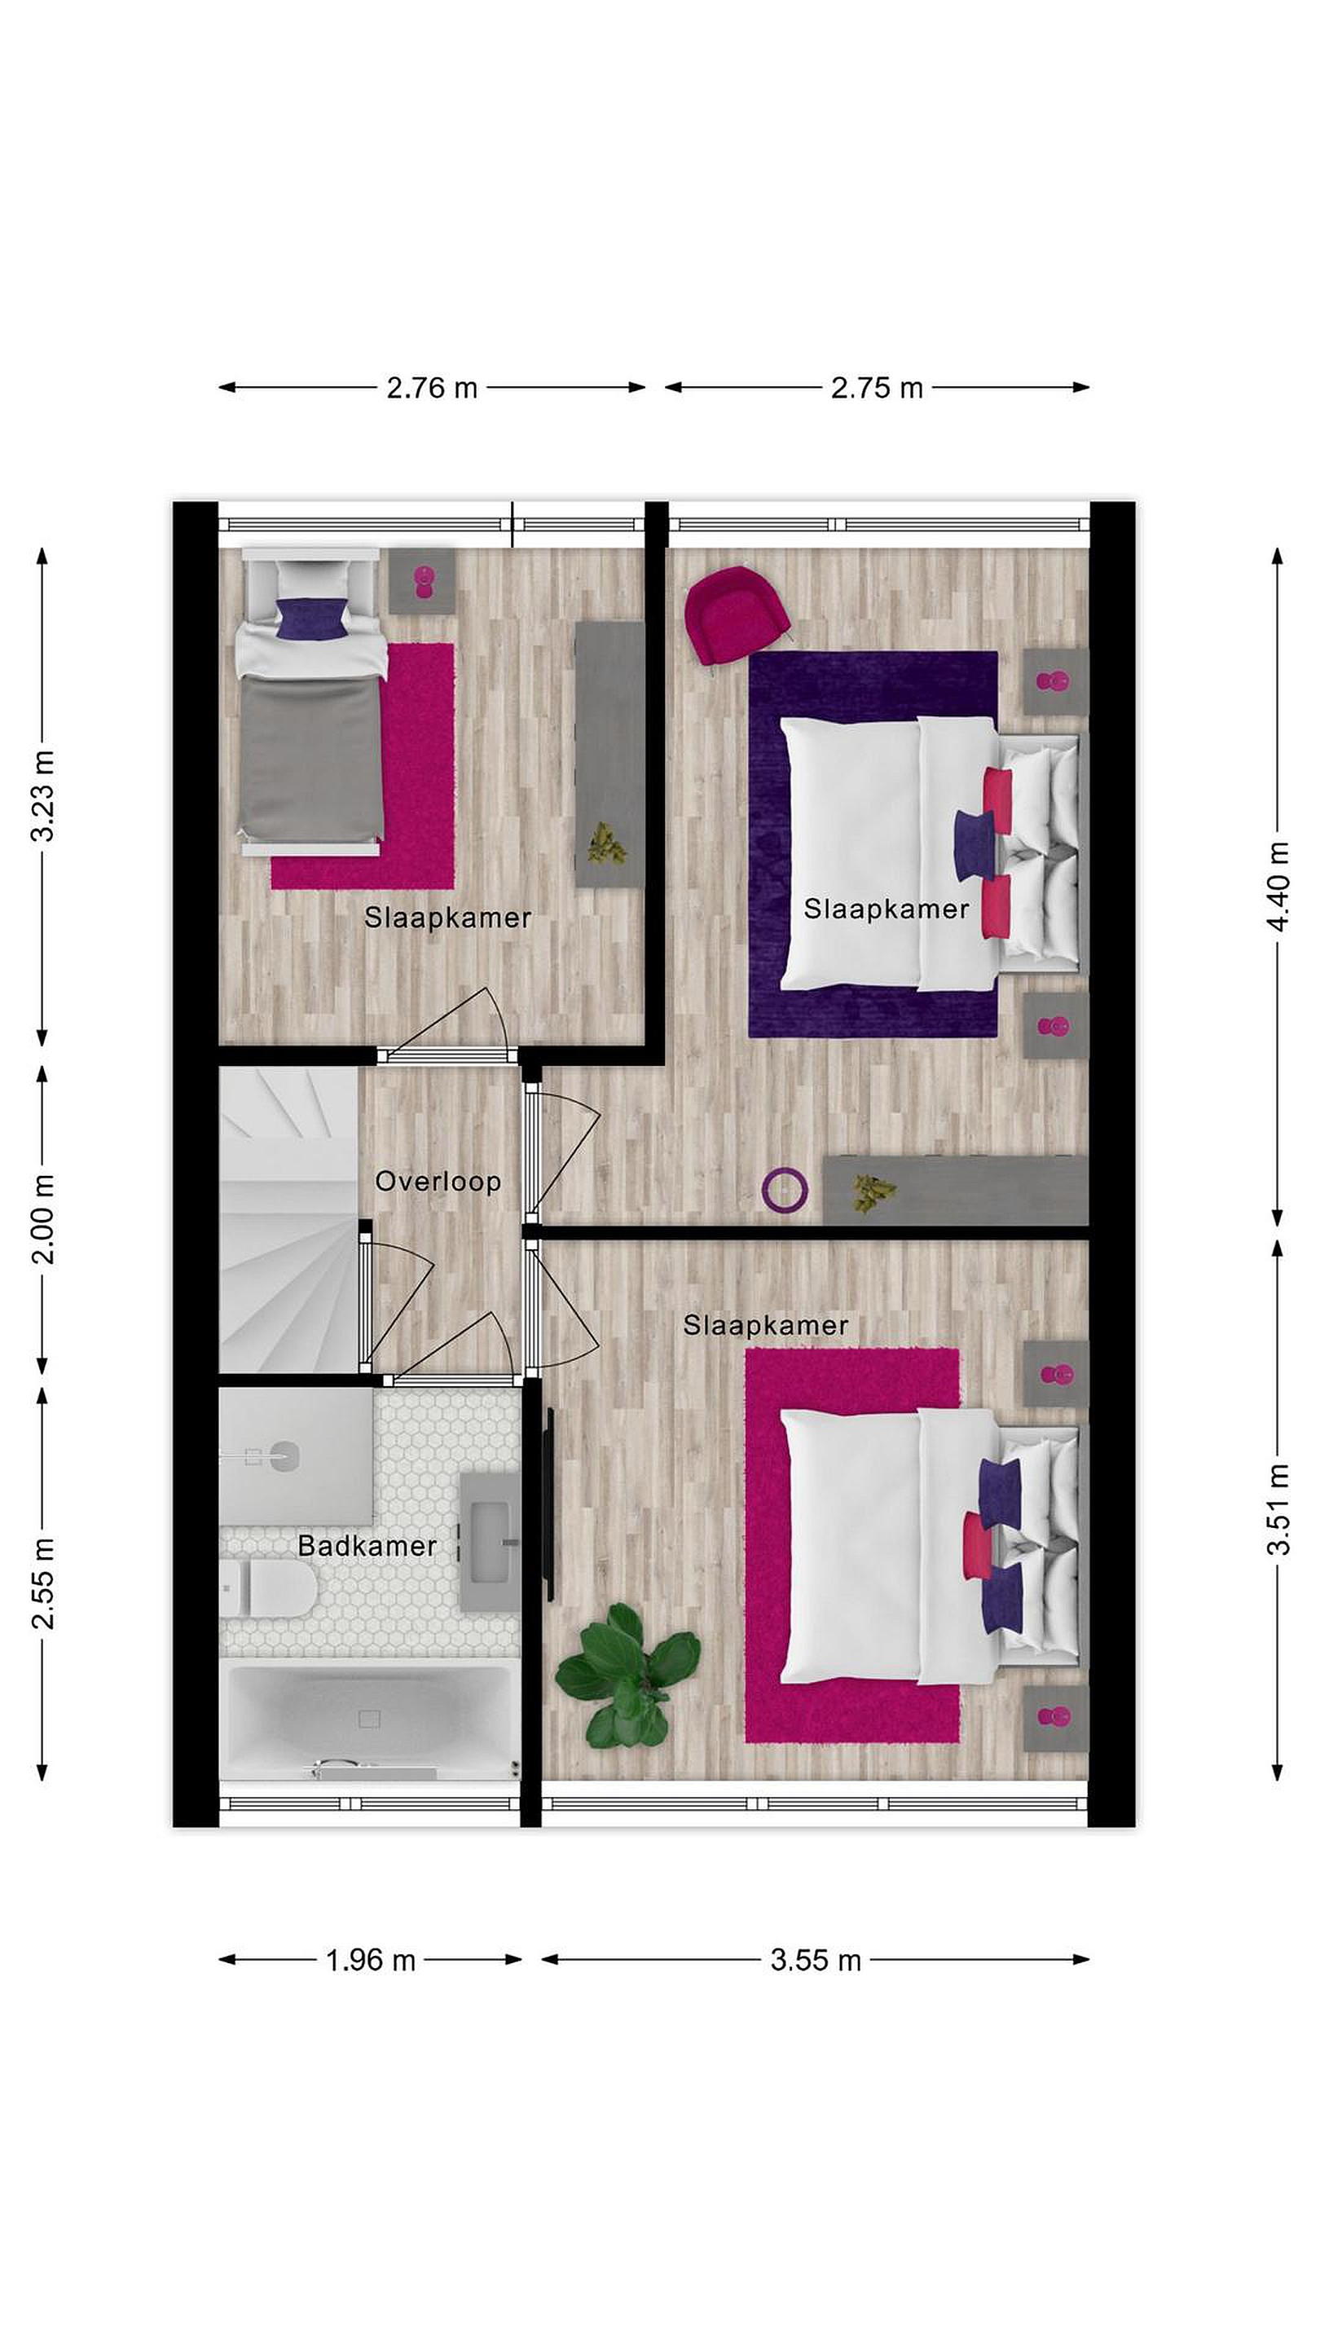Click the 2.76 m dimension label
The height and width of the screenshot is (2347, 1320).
(x=432, y=388)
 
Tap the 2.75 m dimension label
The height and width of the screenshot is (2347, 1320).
(x=877, y=388)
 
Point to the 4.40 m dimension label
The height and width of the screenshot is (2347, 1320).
(x=1278, y=886)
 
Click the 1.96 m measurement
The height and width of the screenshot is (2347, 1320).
(x=371, y=1960)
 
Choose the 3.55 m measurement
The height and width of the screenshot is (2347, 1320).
(x=816, y=1960)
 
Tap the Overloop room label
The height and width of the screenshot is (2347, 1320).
(x=438, y=1182)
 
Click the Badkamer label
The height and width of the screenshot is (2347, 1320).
(x=367, y=1546)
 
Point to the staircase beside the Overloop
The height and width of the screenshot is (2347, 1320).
(x=288, y=1219)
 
